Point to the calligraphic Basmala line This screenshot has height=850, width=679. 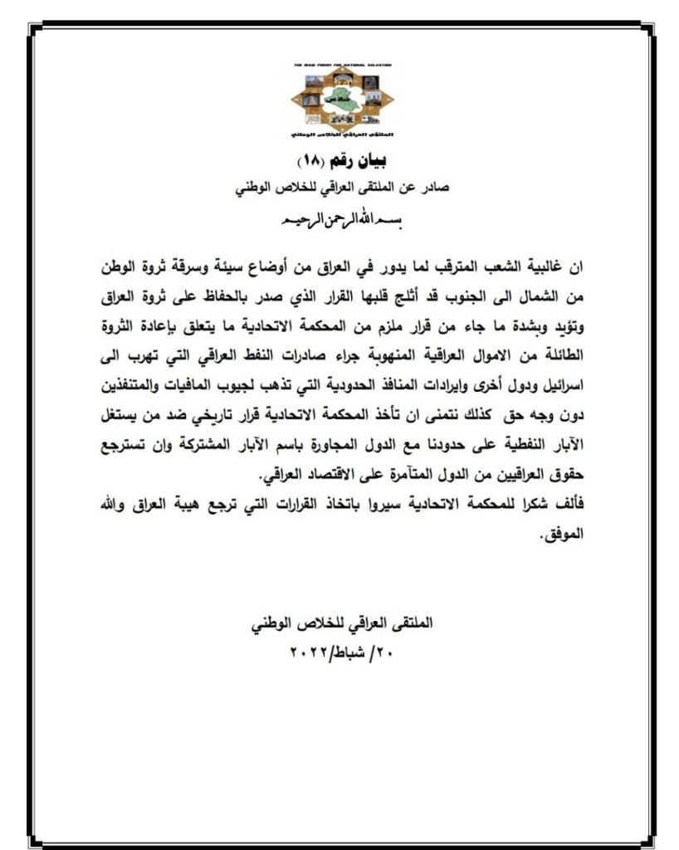click(341, 222)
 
